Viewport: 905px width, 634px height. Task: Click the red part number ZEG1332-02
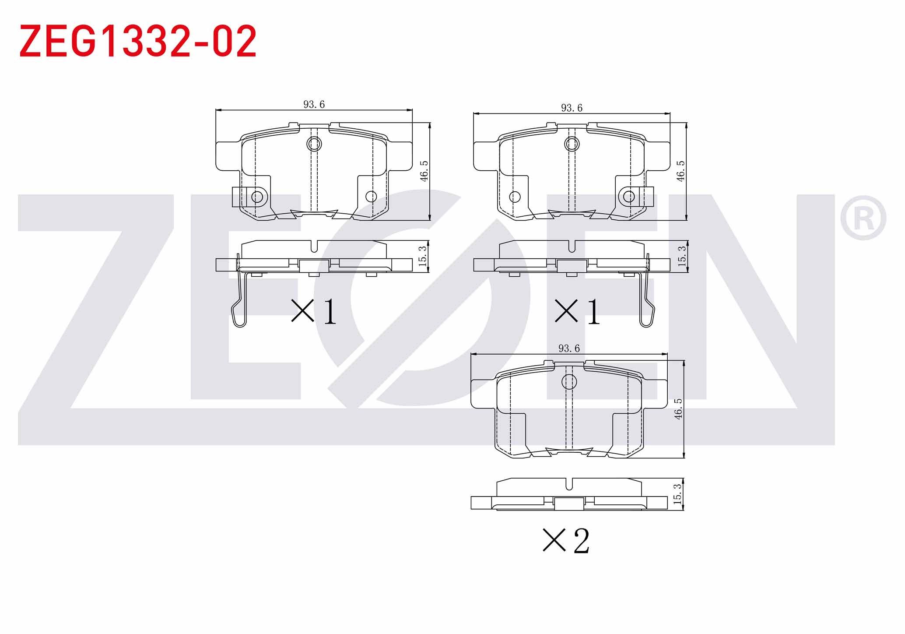coord(138,41)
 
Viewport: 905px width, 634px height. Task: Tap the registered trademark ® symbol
coord(863,218)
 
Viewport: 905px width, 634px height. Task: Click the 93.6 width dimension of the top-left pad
coord(314,104)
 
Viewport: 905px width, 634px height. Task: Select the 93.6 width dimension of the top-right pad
coord(572,108)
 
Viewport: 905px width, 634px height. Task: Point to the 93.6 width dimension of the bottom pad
coord(569,348)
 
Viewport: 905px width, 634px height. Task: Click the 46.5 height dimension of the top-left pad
coord(424,171)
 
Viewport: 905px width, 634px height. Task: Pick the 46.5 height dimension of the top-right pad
coord(681,171)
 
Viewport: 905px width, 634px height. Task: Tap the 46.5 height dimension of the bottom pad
coord(678,409)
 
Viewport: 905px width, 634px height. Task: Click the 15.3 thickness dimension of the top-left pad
coord(422,256)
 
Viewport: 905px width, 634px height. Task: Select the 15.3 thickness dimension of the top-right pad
coord(682,256)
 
